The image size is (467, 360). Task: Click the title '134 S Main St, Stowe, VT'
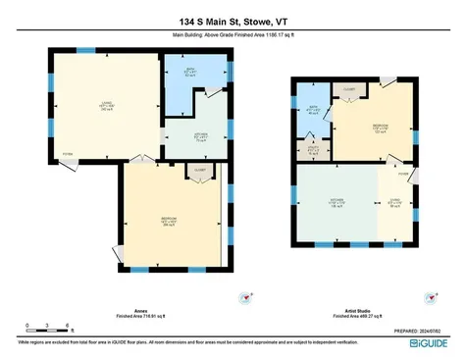pos(233,21)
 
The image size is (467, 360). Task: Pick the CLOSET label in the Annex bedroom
pos(199,170)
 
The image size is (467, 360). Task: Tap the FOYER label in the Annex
pos(68,154)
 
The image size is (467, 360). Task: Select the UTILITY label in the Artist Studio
pos(314,151)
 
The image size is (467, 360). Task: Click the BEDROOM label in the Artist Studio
pos(380,128)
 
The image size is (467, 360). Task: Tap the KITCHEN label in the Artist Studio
pos(334,204)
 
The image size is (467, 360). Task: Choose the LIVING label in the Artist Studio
pos(394,204)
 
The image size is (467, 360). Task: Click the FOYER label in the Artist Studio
pos(403,174)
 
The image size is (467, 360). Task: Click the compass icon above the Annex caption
pos(253,292)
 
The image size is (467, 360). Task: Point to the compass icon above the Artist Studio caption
pos(433,292)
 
